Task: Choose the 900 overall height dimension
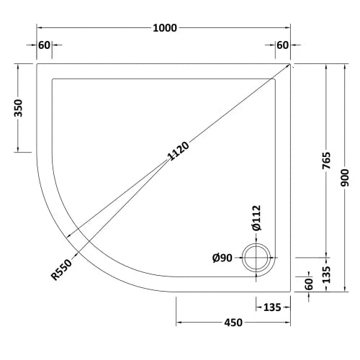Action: [347, 178]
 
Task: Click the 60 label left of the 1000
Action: [44, 46]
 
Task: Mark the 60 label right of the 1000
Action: [282, 46]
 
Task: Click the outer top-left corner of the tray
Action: [37, 63]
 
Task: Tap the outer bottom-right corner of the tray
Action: [290, 292]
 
